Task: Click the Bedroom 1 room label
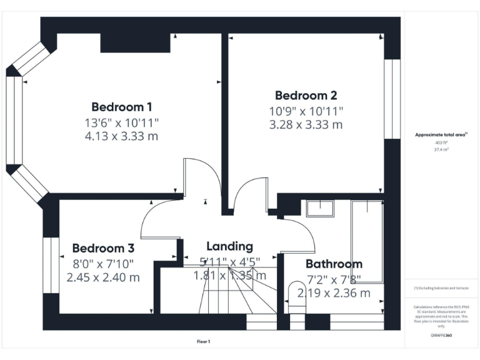pyautogui.click(x=121, y=106)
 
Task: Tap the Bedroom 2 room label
pyautogui.click(x=306, y=96)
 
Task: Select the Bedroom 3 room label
pyautogui.click(x=103, y=248)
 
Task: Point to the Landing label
pyautogui.click(x=230, y=246)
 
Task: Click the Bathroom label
pyautogui.click(x=334, y=264)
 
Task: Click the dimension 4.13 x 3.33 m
pyautogui.click(x=121, y=136)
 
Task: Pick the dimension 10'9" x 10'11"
pyautogui.click(x=306, y=111)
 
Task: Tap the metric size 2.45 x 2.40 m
pyautogui.click(x=103, y=277)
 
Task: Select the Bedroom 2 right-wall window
pyautogui.click(x=392, y=98)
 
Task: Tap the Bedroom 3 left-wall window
pyautogui.click(x=47, y=265)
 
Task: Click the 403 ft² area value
pyautogui.click(x=441, y=143)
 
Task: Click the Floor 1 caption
pyautogui.click(x=203, y=342)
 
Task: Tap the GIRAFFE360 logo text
pyautogui.click(x=441, y=336)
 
